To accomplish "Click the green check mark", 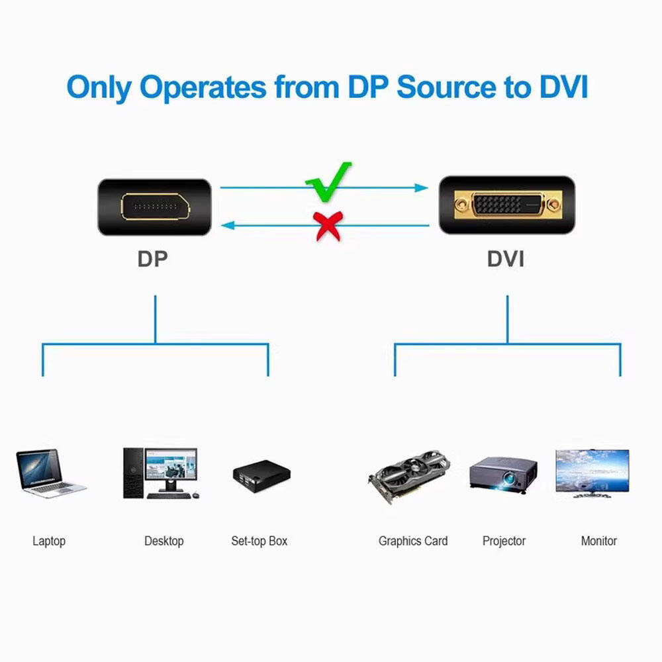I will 328,182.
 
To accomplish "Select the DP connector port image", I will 154,207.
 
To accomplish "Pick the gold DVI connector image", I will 506,205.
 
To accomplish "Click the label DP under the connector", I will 153,259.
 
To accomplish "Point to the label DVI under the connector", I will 506,259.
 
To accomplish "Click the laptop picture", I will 50,473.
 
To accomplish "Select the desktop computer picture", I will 160,473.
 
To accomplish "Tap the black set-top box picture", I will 262,475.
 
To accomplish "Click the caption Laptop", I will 49,541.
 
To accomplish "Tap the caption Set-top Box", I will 260,541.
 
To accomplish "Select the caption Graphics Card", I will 413,541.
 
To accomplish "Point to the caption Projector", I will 504,541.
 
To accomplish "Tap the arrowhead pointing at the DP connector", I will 228,226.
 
